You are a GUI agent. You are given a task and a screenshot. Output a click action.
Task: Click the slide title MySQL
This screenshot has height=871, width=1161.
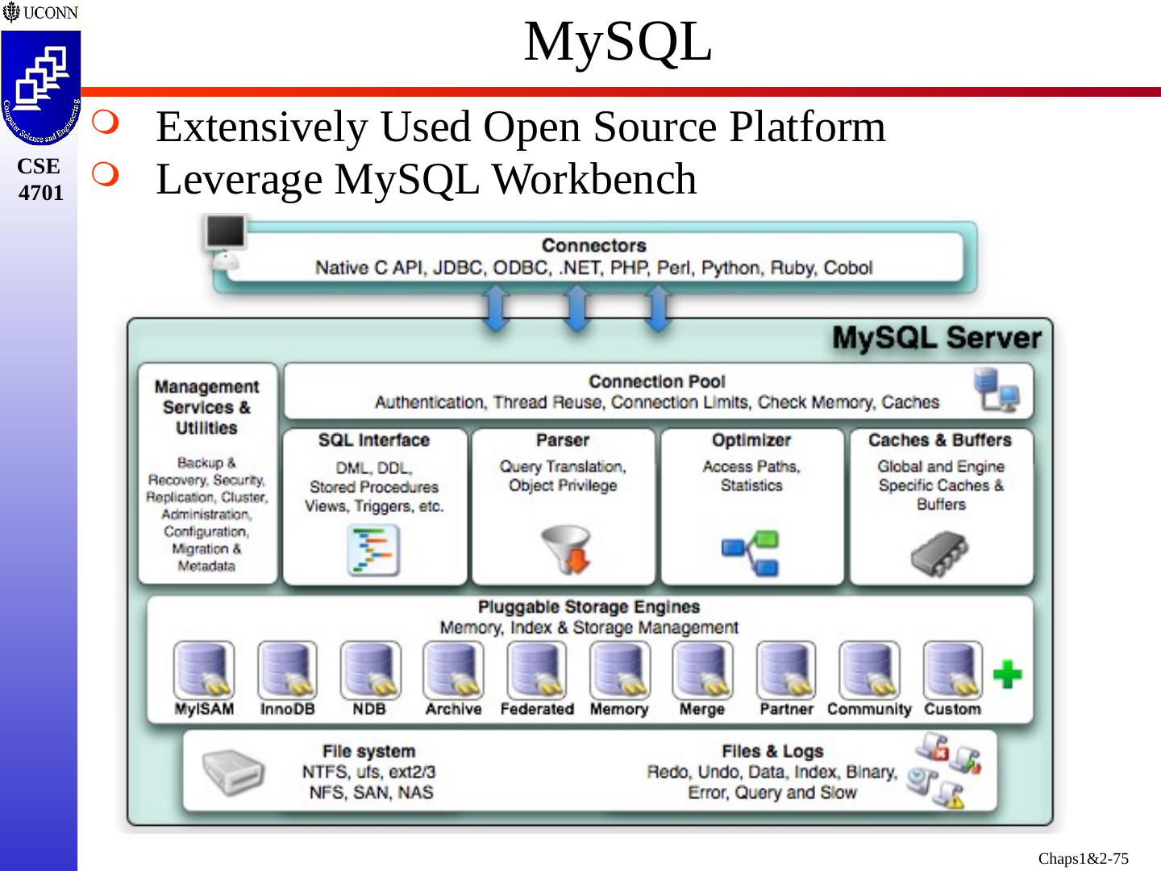(x=618, y=42)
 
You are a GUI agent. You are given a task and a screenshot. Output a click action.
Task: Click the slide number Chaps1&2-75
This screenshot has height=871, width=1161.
(x=1083, y=858)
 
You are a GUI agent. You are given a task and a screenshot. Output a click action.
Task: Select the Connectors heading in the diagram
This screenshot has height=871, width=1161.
(x=593, y=245)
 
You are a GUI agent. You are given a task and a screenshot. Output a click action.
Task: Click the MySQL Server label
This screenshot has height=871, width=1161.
(x=936, y=337)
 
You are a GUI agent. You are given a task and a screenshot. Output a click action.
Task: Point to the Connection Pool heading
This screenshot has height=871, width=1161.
(x=656, y=381)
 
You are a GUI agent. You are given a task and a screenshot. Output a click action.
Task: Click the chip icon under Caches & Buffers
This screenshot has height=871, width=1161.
(x=939, y=552)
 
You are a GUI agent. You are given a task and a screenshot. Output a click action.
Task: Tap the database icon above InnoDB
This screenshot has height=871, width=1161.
(x=286, y=670)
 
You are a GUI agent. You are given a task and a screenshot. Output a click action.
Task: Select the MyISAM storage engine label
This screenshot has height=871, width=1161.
(x=204, y=709)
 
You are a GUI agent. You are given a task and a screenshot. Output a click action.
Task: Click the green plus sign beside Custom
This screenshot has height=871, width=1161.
(x=1007, y=674)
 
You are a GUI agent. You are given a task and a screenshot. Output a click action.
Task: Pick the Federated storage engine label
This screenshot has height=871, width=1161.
(x=536, y=709)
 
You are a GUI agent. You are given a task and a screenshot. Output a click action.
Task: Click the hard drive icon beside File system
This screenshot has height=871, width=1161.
(x=232, y=772)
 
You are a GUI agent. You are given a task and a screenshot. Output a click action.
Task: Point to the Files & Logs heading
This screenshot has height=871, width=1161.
(x=772, y=751)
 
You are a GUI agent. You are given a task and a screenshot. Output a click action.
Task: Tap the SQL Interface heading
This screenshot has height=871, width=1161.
(x=373, y=440)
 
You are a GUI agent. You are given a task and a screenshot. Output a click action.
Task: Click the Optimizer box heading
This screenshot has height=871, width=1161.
(x=751, y=440)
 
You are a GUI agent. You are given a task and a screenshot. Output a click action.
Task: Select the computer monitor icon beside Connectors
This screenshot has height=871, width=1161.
(x=224, y=235)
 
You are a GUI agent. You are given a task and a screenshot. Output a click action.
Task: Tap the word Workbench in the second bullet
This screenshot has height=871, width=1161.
(x=594, y=179)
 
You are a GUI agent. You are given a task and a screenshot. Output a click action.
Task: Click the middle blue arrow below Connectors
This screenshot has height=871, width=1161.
(x=576, y=310)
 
